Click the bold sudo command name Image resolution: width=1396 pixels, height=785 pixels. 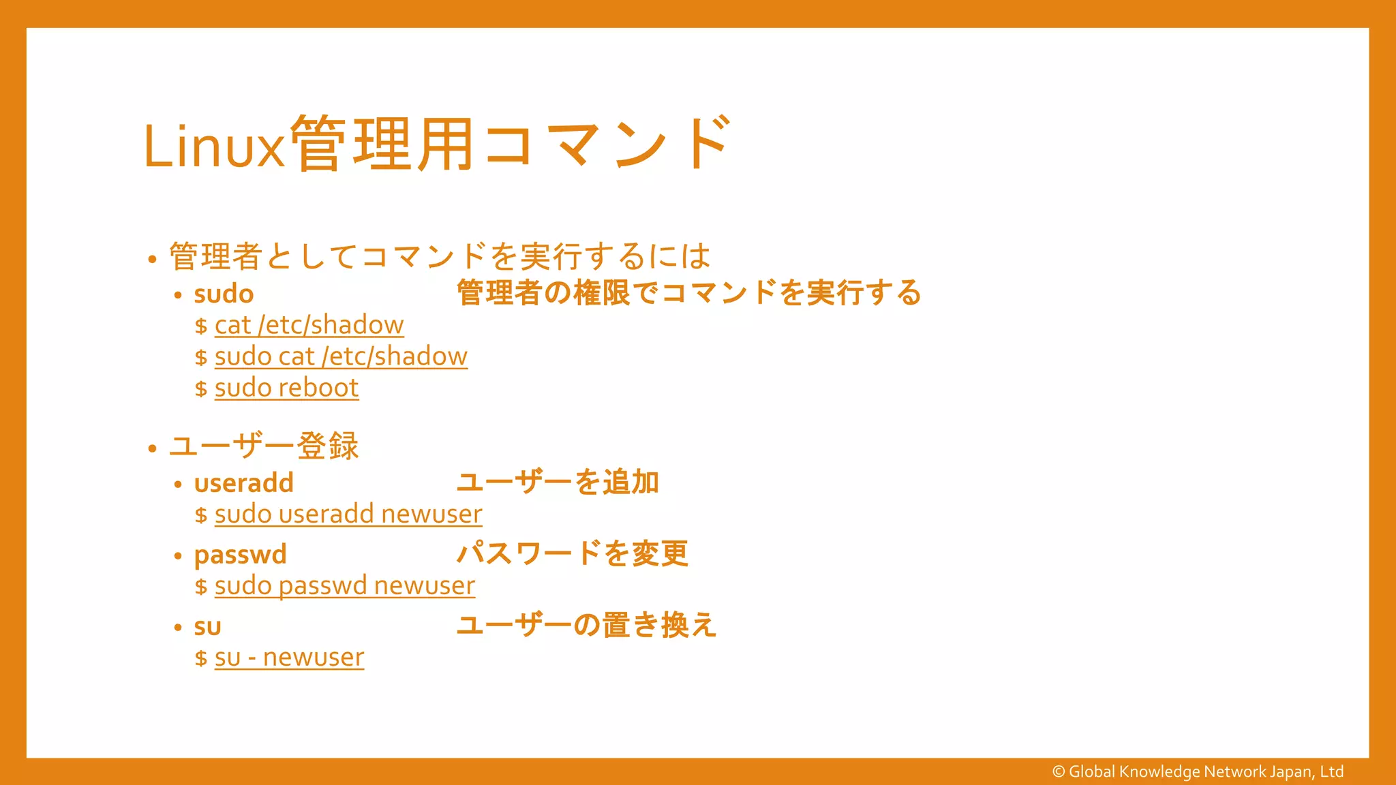coord(224,294)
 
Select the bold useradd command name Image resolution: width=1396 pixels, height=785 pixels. coord(243,483)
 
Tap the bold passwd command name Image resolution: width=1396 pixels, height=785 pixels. coord(240,555)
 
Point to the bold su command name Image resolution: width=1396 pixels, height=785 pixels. coord(207,626)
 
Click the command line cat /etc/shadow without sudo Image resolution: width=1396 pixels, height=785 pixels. coord(309,325)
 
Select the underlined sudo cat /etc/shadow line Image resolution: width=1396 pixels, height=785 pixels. coord(341,356)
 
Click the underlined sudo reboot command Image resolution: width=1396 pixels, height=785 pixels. coord(286,388)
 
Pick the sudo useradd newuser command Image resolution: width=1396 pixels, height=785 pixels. coord(348,514)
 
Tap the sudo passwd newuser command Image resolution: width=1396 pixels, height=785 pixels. coord(344,585)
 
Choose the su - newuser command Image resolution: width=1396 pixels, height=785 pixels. coord(289,658)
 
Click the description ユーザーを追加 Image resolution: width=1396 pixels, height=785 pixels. coord(558,482)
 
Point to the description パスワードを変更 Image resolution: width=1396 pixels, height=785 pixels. coord(573,553)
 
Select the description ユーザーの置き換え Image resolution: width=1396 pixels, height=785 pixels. coord(586,625)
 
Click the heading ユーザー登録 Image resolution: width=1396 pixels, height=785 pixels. coord(264,446)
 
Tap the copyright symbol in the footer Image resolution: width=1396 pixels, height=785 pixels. coord(1059,772)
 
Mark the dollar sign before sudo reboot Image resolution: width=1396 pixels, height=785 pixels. coord(200,389)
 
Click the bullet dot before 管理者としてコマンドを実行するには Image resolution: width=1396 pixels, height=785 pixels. coord(152,260)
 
